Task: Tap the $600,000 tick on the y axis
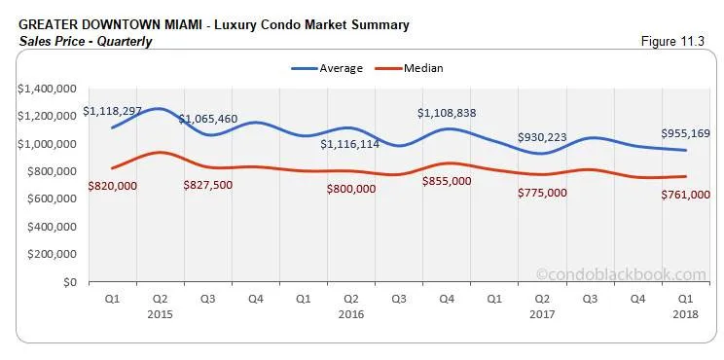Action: pyautogui.click(x=52, y=198)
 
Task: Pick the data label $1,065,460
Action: pyautogui.click(x=208, y=120)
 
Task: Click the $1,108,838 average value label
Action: pyautogui.click(x=447, y=113)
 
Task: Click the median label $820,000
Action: pyautogui.click(x=113, y=185)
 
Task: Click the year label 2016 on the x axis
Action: pyautogui.click(x=351, y=315)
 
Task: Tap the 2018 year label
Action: pyautogui.click(x=685, y=315)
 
